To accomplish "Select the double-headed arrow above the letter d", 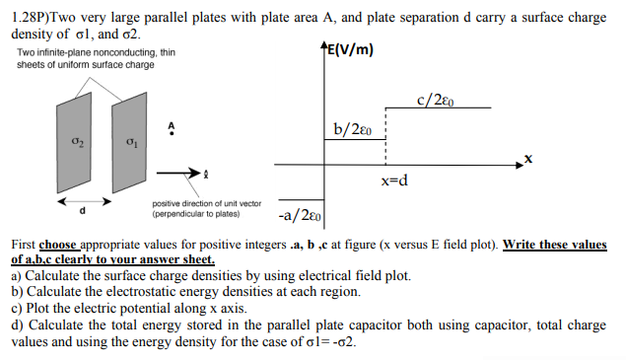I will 84,201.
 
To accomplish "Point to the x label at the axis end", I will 528,158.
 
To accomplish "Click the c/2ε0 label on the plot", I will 442,101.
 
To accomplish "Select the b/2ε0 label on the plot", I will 354,129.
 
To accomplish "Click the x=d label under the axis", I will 394,181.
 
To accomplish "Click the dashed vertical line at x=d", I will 395,138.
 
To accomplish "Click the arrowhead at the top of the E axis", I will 326,52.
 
